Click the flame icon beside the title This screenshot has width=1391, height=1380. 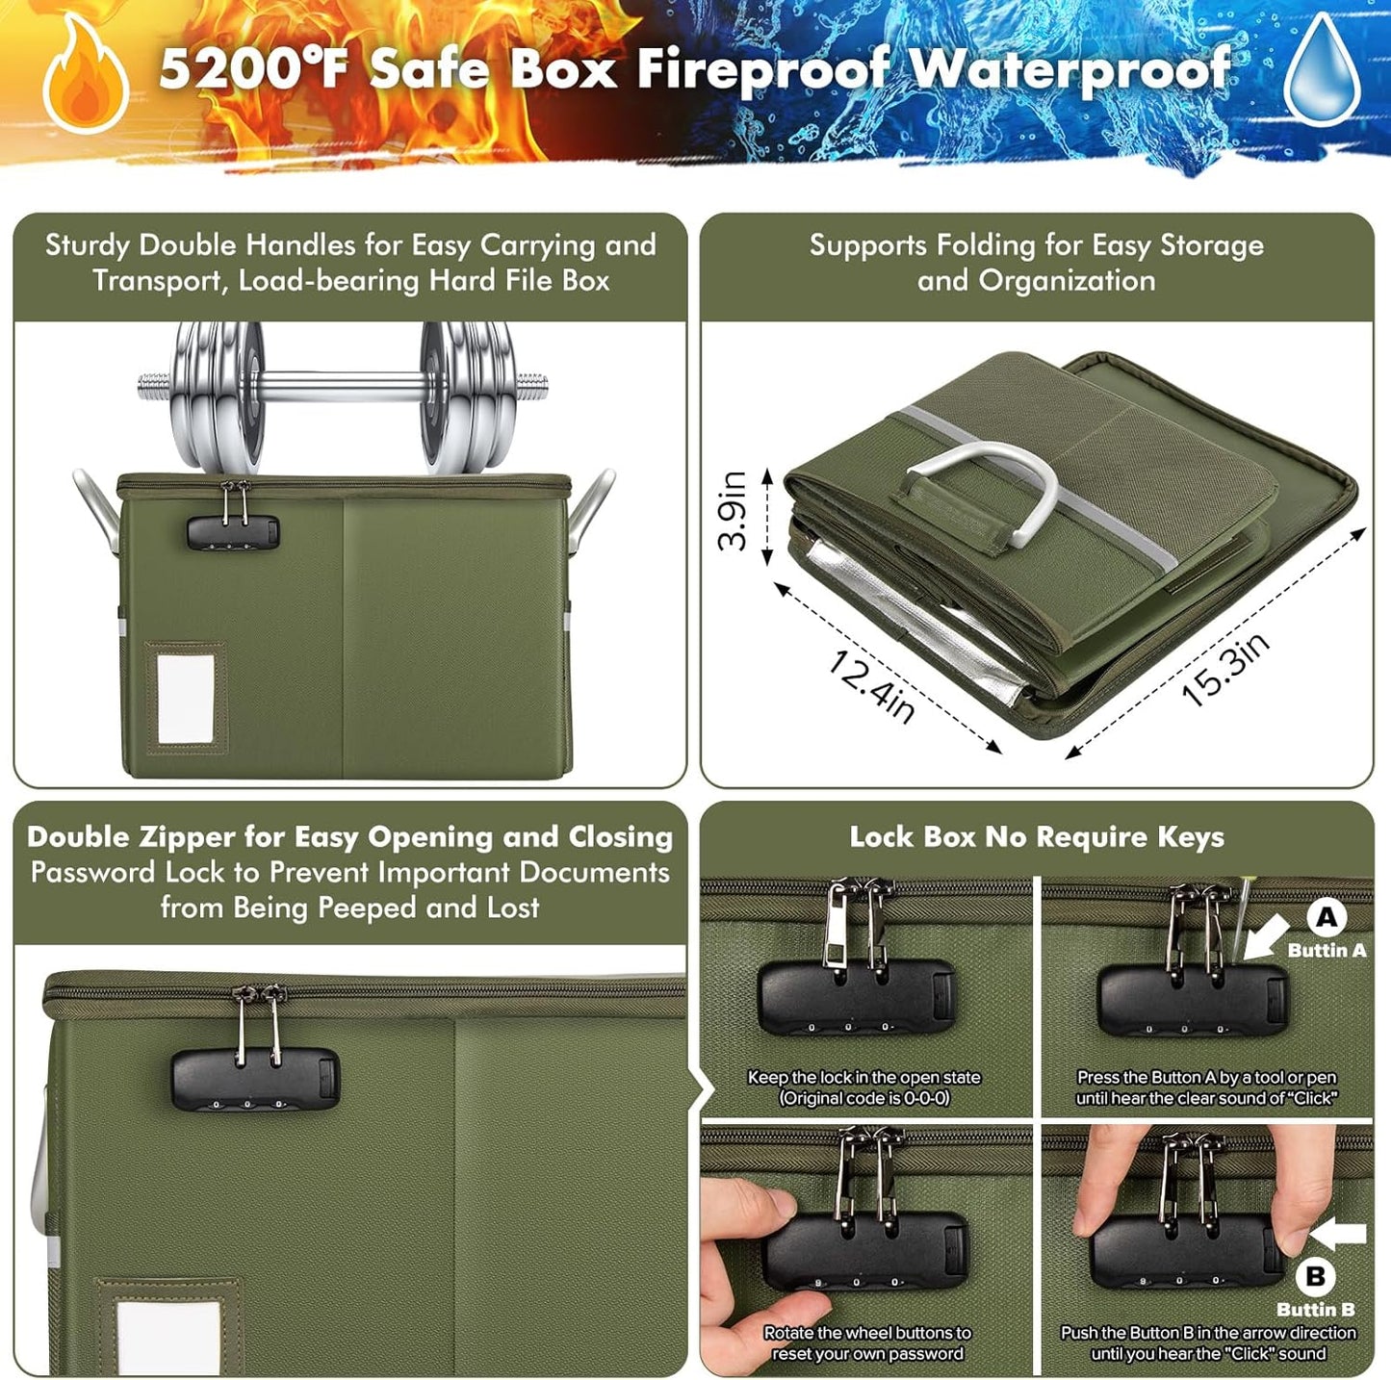point(85,76)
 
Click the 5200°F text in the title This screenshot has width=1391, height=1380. point(252,70)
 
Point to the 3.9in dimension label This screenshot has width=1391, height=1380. point(733,510)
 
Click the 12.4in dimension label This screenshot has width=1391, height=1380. point(871,686)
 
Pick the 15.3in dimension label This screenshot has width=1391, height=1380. point(1225,668)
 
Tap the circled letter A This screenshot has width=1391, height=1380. point(1327,917)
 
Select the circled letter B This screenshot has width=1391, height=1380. point(1315,1276)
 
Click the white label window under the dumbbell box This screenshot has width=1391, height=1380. point(186,697)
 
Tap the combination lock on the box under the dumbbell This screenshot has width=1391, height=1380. point(232,530)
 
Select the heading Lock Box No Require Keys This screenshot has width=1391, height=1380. point(1037,836)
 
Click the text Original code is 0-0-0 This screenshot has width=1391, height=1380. point(864,1098)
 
